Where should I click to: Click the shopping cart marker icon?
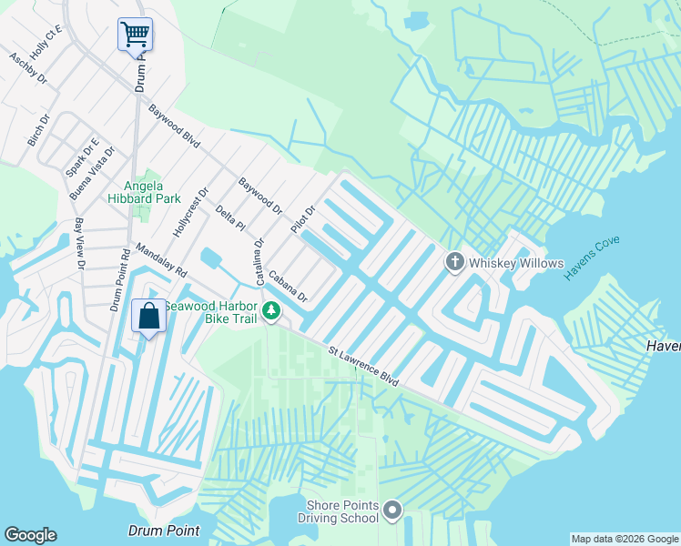(135, 35)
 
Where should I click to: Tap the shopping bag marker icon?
(148, 317)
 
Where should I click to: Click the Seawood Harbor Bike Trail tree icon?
(270, 312)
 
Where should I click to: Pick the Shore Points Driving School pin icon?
(392, 511)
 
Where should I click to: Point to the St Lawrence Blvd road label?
(363, 364)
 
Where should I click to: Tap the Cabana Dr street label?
(289, 285)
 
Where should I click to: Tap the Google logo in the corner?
(30, 535)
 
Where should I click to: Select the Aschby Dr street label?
(27, 67)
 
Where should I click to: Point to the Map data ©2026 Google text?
(624, 539)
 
